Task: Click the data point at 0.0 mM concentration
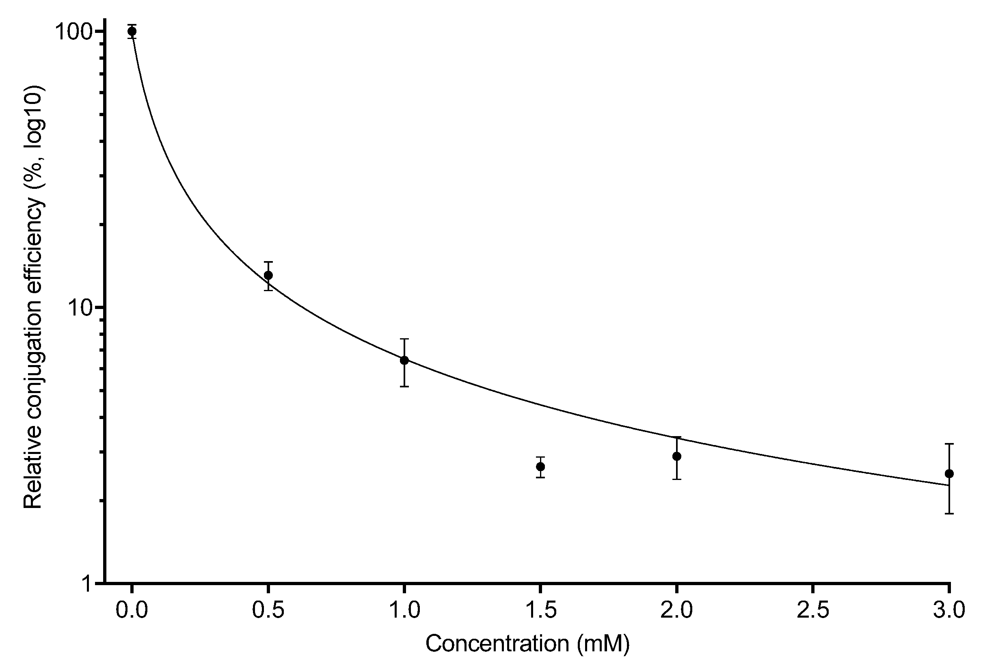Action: (x=132, y=31)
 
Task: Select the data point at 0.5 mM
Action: (x=268, y=275)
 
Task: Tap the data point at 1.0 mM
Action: (x=404, y=361)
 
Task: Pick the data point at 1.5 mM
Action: (x=540, y=467)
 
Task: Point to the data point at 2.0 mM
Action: (x=677, y=456)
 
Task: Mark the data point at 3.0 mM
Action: (x=949, y=474)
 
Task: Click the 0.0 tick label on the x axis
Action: (x=132, y=612)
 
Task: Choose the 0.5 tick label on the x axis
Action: (x=268, y=612)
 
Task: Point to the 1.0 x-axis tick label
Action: (x=404, y=612)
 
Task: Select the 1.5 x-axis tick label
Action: (x=540, y=612)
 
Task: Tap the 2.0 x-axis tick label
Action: (x=677, y=612)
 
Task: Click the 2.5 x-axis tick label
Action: (x=813, y=612)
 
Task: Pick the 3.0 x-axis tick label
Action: (x=949, y=612)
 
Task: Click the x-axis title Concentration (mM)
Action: (x=527, y=644)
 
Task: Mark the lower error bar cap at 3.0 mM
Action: (x=949, y=514)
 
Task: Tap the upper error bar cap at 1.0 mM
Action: (x=404, y=339)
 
